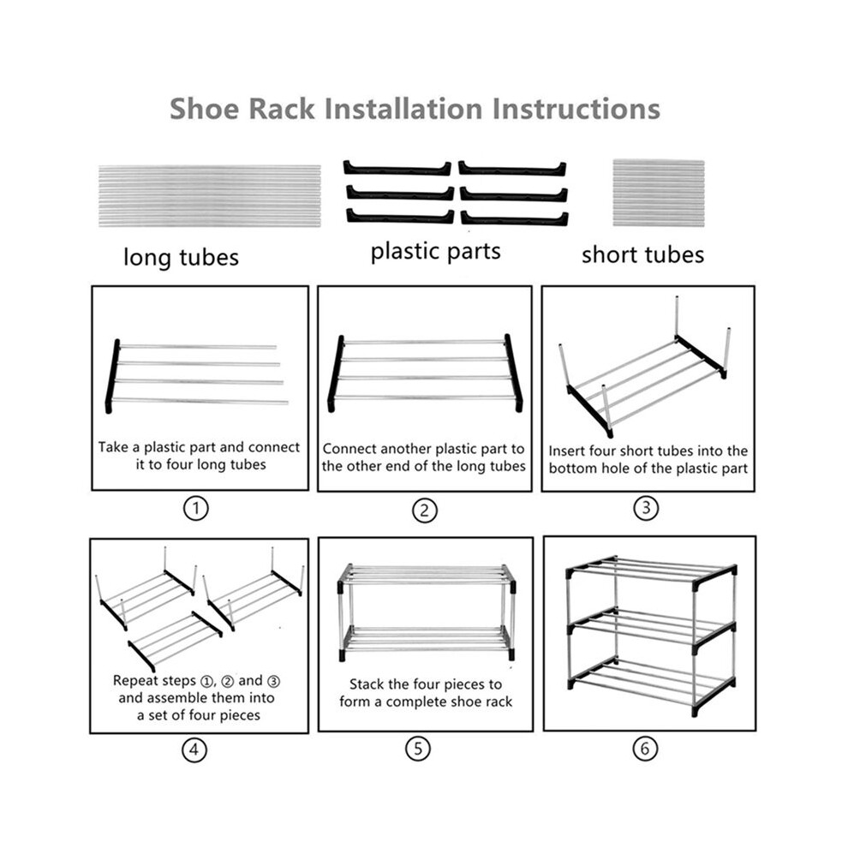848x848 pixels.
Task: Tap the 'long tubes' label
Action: (182, 257)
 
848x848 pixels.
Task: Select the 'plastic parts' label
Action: (435, 252)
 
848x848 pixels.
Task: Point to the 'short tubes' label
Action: (642, 254)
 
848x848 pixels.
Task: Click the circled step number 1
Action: (196, 508)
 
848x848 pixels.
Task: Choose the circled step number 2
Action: (424, 510)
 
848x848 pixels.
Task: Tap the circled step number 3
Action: (646, 508)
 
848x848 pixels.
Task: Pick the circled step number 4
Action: (194, 749)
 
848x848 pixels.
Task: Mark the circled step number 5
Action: (418, 749)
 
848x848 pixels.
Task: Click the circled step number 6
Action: (645, 749)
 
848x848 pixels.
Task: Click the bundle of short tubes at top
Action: (658, 193)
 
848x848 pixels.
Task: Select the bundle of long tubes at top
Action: (210, 196)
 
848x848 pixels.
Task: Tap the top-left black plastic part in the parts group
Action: (397, 168)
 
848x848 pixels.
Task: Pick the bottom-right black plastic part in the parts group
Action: (514, 218)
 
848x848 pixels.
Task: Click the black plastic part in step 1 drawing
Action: (112, 376)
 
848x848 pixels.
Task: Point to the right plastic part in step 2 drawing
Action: (514, 373)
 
